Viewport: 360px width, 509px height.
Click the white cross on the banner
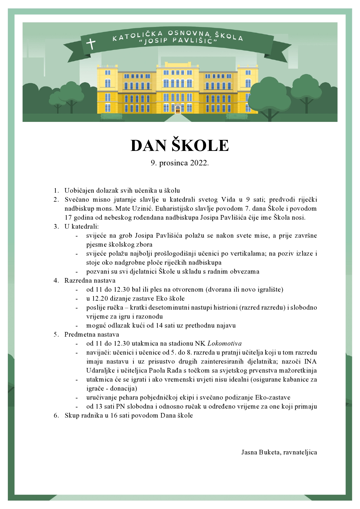click(91, 44)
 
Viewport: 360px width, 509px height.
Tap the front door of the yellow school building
click(178, 109)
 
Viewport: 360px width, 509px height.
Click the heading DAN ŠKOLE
click(180, 145)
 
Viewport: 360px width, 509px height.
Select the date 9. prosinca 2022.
click(180, 163)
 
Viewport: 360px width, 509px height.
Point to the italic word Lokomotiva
click(225, 344)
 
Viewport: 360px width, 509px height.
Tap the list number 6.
click(56, 416)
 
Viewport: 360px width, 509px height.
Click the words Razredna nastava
click(90, 281)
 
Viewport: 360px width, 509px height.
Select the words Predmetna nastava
click(91, 335)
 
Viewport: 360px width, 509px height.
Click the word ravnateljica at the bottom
click(300, 452)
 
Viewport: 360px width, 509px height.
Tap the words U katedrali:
click(81, 227)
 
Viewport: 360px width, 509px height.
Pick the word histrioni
click(226, 308)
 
